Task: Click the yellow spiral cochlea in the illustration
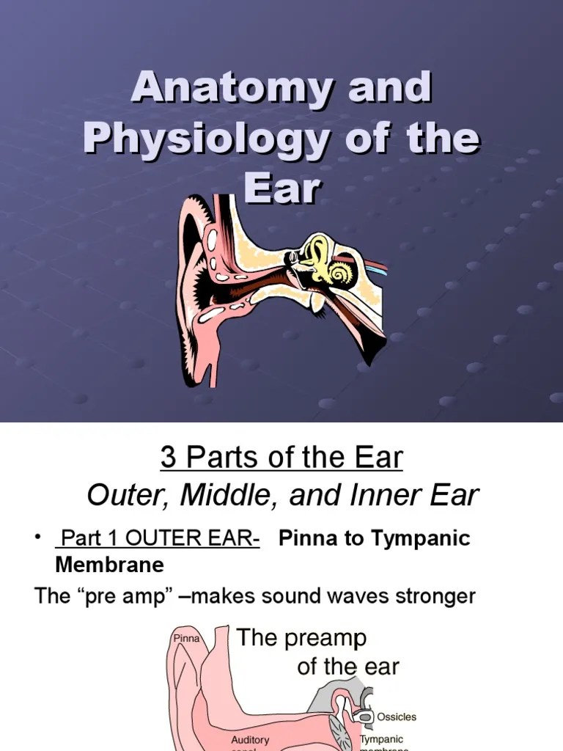coord(340,273)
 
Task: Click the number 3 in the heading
coord(168,458)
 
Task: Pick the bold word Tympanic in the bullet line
coord(420,539)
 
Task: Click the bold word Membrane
coord(109,565)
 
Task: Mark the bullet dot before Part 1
coord(37,539)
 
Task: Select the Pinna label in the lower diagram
coord(186,639)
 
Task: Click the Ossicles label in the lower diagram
coord(397,717)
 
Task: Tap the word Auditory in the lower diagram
coord(251,740)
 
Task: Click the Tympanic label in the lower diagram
coord(381,740)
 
